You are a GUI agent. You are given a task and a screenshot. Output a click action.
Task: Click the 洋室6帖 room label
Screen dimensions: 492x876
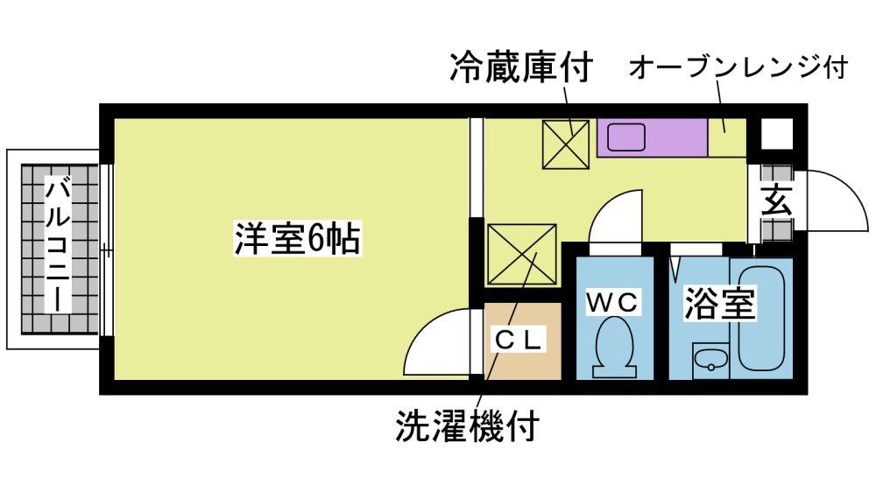pos(297,238)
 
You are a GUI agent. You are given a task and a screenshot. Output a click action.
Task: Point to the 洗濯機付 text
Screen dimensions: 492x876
pos(465,426)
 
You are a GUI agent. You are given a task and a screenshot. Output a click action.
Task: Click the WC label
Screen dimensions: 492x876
pos(613,304)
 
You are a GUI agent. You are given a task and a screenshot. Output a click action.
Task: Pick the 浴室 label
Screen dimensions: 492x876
pos(719,304)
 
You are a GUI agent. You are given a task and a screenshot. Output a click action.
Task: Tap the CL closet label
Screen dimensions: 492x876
pos(523,337)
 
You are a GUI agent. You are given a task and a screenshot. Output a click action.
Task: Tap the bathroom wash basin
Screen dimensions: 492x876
pos(709,359)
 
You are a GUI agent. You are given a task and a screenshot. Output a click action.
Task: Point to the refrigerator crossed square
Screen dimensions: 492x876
pos(564,144)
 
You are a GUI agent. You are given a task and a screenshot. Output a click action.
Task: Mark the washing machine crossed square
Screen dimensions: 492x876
pos(522,254)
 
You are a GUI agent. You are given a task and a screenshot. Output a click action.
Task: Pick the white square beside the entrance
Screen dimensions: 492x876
pos(775,134)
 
